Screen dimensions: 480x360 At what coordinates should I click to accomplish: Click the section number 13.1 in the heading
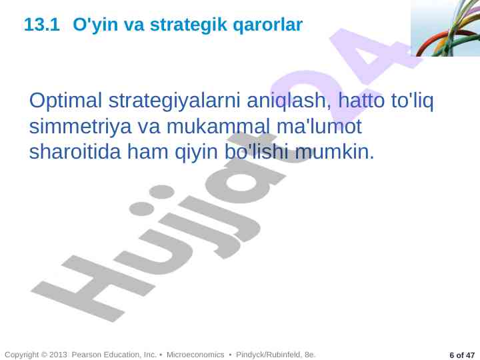pyautogui.click(x=41, y=25)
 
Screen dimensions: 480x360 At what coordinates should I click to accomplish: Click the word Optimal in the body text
pyautogui.click(x=65, y=101)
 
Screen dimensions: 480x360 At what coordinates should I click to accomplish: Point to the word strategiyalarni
pyautogui.click(x=174, y=101)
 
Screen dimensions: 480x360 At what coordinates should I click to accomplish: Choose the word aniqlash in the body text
pyautogui.click(x=286, y=101)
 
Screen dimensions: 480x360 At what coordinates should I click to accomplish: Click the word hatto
pyautogui.click(x=361, y=100)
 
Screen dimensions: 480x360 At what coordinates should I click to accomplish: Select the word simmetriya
pyautogui.click(x=80, y=127)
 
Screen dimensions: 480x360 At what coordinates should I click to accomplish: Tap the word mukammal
pyautogui.click(x=218, y=125)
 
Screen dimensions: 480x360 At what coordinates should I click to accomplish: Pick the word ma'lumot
pyautogui.click(x=319, y=125)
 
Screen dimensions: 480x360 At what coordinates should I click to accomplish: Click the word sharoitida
pyautogui.click(x=75, y=151)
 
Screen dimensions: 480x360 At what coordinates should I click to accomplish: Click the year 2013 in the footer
pyautogui.click(x=58, y=355)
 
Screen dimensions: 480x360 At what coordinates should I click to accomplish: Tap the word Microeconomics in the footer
pyautogui.click(x=195, y=355)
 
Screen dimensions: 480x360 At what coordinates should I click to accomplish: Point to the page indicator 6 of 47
pyautogui.click(x=461, y=355)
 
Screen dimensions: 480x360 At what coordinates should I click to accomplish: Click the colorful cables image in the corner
pyautogui.click(x=445, y=28)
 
